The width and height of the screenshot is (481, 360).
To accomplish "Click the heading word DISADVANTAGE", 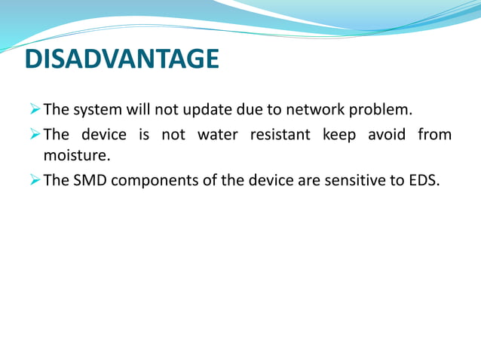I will [121, 59].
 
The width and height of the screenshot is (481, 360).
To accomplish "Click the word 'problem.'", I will [384, 110].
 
